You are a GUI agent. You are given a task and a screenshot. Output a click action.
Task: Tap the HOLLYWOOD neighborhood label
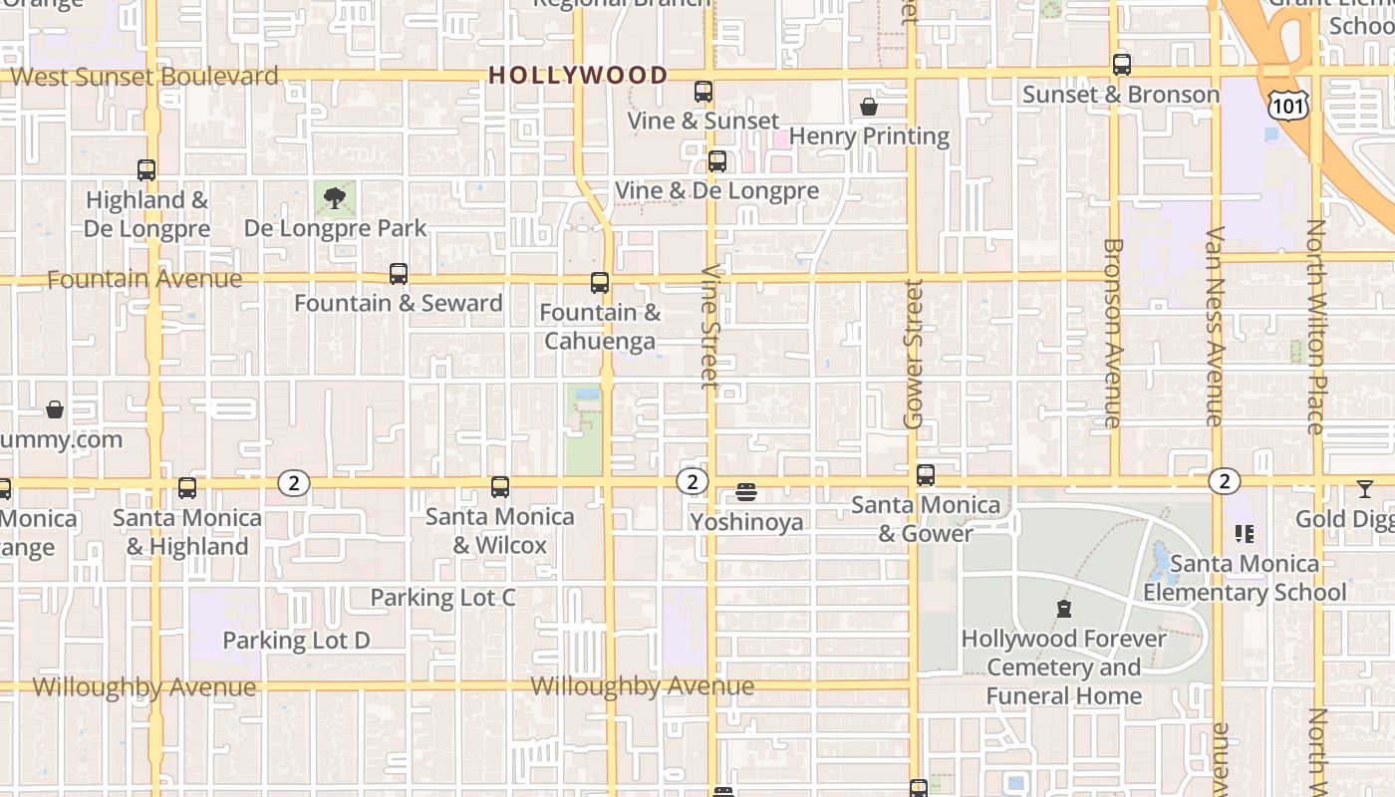578,76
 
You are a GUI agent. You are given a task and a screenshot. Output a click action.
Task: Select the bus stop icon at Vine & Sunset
703,92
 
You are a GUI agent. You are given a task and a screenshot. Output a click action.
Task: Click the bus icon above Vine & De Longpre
716,161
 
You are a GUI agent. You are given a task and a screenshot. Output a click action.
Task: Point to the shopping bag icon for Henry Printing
869,107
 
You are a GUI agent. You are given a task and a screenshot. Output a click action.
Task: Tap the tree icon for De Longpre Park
335,198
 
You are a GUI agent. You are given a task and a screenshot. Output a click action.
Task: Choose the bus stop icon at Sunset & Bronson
1122,66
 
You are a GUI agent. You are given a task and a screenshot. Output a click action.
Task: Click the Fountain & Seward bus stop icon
399,274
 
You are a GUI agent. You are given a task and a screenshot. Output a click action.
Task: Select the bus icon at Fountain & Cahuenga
600,283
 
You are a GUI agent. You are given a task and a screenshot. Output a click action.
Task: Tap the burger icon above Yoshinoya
746,492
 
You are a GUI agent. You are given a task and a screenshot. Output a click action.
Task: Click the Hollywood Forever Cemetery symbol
1064,609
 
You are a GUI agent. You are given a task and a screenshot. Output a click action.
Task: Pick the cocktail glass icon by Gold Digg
1364,489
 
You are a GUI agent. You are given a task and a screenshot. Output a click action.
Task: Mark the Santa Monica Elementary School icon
1245,535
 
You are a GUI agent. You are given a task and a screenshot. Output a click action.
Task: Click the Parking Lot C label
442,598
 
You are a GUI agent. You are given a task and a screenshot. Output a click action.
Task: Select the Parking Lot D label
296,641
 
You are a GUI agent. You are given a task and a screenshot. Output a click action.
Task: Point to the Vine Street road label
709,326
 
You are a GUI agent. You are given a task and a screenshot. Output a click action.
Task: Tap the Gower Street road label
913,354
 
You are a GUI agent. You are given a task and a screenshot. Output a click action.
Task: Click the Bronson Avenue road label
1113,333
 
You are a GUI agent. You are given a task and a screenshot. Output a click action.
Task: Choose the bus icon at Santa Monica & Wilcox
500,487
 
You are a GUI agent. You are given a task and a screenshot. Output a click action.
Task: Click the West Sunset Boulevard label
144,77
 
